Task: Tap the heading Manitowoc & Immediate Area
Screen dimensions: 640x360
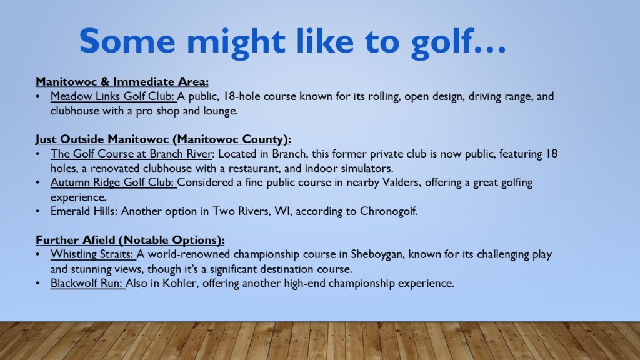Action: [122, 82]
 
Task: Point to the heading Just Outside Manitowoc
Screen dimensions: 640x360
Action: [163, 139]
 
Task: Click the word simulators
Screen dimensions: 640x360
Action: [367, 168]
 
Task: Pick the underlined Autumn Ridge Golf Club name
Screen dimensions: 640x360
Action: [112, 182]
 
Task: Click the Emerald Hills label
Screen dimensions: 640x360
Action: [84, 211]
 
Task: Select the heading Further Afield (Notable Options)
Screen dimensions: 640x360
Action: [130, 240]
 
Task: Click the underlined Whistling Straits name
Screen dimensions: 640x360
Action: [92, 255]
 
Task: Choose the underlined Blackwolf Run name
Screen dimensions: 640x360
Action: [87, 283]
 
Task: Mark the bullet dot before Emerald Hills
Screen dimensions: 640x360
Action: [38, 211]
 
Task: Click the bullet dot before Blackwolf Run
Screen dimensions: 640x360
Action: [38, 283]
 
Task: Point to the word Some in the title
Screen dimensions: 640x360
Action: [127, 41]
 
